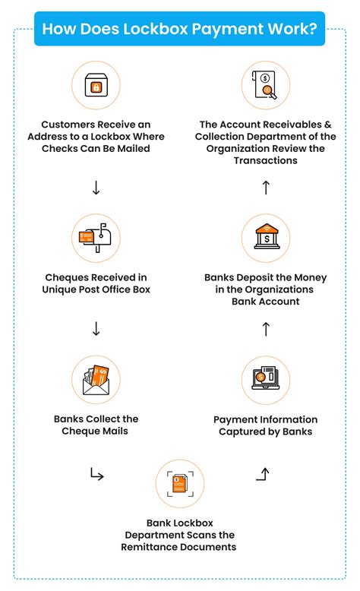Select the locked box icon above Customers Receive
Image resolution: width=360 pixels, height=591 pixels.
(96, 87)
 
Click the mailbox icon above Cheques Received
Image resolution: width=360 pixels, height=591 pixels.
(96, 238)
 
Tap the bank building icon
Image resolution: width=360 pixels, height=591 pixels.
(266, 238)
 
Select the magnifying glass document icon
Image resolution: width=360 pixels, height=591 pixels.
(266, 87)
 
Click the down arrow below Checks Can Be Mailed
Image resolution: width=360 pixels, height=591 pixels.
(96, 187)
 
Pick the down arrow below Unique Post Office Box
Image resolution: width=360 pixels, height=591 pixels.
(96, 329)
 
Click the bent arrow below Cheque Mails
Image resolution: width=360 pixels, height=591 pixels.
(96, 476)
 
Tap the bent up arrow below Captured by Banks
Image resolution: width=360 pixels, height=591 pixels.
(264, 475)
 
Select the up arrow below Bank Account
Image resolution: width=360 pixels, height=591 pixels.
(266, 329)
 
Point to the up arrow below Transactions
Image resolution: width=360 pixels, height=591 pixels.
(266, 187)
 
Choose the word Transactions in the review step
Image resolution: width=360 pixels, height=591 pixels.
(266, 161)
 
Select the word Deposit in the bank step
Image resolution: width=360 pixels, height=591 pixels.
(260, 278)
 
